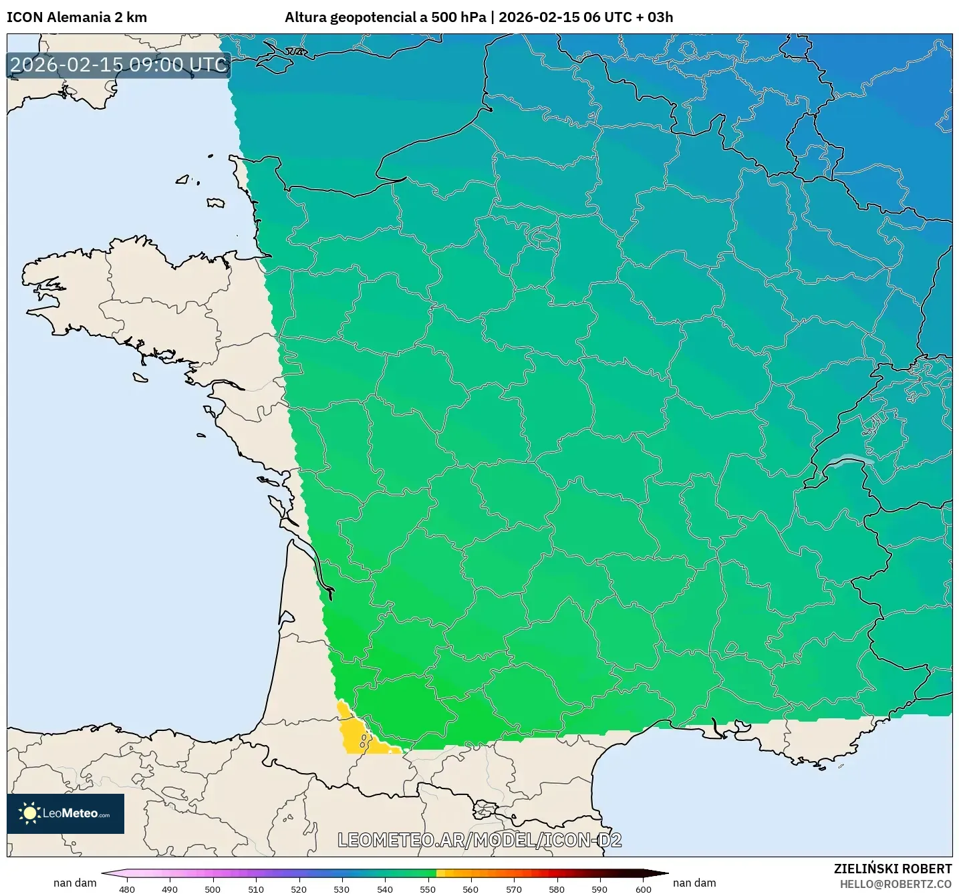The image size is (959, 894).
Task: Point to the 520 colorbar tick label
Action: click(299, 889)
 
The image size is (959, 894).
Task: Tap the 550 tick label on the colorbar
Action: click(428, 889)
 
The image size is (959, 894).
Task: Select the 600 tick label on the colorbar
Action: click(643, 889)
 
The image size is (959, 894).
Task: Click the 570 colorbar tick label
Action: click(514, 889)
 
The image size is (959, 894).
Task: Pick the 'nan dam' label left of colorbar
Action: click(75, 883)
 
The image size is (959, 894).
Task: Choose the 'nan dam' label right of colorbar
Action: click(694, 883)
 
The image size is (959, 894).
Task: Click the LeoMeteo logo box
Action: click(65, 813)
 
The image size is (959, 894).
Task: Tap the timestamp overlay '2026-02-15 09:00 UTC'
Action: click(119, 65)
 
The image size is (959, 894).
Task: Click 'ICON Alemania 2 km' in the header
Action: click(77, 17)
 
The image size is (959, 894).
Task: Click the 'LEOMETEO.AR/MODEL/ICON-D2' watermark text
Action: click(480, 840)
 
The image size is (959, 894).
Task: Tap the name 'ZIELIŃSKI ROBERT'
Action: click(893, 869)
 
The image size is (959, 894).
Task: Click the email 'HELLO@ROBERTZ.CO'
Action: click(896, 884)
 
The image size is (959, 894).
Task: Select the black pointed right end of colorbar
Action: click(658, 873)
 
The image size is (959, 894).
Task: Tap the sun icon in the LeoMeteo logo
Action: click(29, 813)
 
